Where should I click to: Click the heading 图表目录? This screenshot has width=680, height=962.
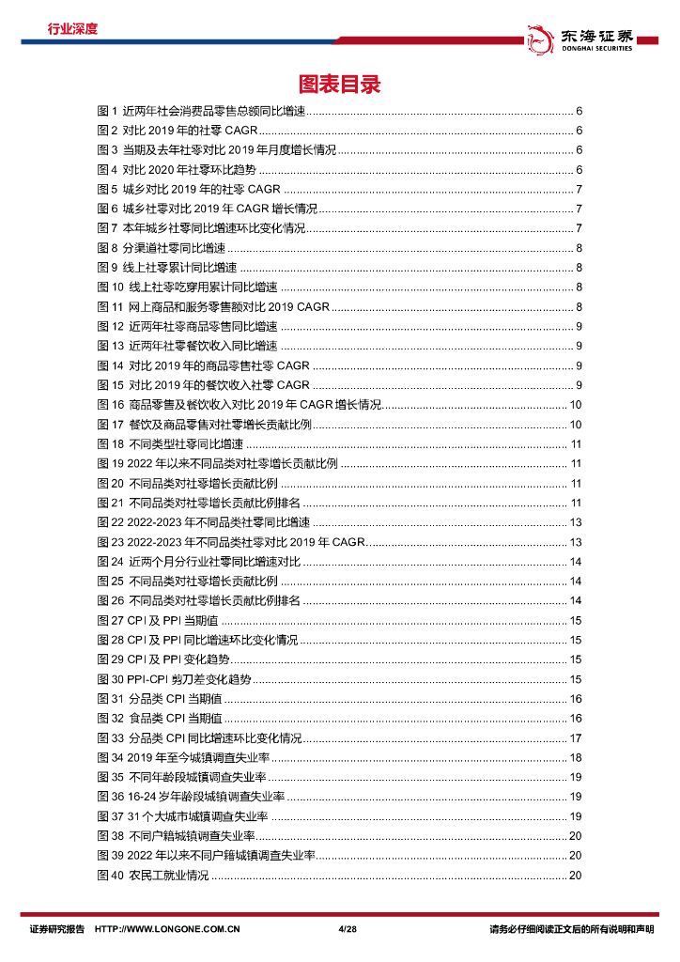point(339,85)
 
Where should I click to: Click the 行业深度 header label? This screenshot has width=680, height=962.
point(72,28)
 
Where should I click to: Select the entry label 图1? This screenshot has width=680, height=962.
point(106,111)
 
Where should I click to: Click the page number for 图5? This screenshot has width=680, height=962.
point(579,189)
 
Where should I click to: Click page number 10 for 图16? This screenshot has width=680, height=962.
point(576,404)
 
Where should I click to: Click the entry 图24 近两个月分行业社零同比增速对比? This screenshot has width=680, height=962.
point(199,561)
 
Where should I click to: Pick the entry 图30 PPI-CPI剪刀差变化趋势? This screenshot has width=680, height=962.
point(175,679)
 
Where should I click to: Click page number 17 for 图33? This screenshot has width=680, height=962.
point(576,737)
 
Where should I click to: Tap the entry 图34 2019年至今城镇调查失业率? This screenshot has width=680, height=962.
point(183,757)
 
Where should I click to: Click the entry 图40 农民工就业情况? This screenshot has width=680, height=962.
point(153,876)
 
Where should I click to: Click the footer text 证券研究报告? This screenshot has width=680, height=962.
point(56,929)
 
